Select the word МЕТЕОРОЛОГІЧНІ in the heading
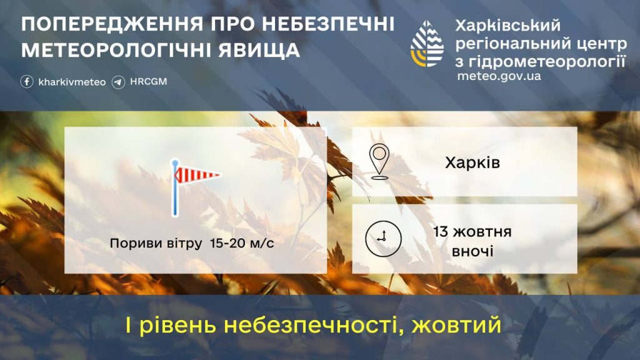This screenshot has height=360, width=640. pyautogui.click(x=116, y=51)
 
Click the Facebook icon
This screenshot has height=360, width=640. pyautogui.click(x=27, y=82)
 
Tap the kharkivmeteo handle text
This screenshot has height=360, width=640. pyautogui.click(x=72, y=82)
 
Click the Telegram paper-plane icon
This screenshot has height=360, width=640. pyautogui.click(x=118, y=82)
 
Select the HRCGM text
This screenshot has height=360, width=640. pyautogui.click(x=149, y=82)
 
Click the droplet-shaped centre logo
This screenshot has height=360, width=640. pyautogui.click(x=427, y=44)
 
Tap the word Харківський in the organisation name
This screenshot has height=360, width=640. pyautogui.click(x=507, y=26)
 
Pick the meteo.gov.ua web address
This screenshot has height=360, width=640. pyautogui.click(x=499, y=76)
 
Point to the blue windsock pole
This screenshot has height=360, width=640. pyautogui.click(x=175, y=187)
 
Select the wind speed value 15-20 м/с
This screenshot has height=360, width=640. pyautogui.click(x=242, y=243)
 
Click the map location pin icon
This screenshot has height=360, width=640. pyautogui.click(x=379, y=162)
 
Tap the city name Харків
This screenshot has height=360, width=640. pyautogui.click(x=472, y=163)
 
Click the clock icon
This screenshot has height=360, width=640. pyautogui.click(x=383, y=239)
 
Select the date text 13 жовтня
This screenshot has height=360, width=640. pyautogui.click(x=472, y=232)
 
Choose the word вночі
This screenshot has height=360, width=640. pyautogui.click(x=472, y=251)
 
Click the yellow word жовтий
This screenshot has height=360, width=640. pyautogui.click(x=456, y=325)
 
